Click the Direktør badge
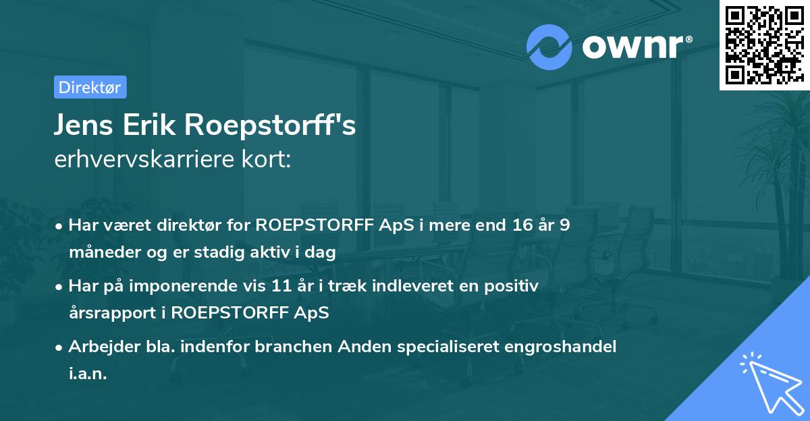(x=90, y=87)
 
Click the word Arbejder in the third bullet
(x=99, y=347)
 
